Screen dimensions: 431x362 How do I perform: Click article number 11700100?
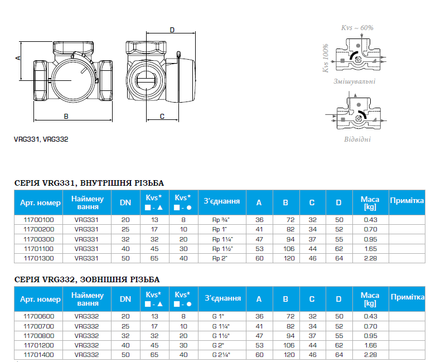click(x=39, y=220)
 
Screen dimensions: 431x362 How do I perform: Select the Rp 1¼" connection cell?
click(x=222, y=239)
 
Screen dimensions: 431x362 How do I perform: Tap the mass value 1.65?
click(x=370, y=249)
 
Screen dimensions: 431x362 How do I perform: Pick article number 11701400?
click(x=39, y=355)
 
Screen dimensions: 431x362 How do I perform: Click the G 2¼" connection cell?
click(x=221, y=355)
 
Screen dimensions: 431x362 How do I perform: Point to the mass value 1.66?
click(x=370, y=345)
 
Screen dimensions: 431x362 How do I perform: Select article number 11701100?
click(x=39, y=249)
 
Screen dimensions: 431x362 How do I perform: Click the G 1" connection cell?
click(x=219, y=316)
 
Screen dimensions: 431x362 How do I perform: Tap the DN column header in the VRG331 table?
click(x=125, y=202)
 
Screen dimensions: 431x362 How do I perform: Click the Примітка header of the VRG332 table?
click(x=408, y=297)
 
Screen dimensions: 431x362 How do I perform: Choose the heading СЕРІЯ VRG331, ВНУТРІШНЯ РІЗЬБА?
click(x=89, y=183)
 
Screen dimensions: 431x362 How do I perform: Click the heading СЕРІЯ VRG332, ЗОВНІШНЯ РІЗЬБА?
click(x=87, y=279)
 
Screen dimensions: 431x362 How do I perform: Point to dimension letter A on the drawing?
click(x=18, y=58)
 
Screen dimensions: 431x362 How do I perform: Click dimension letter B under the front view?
click(x=66, y=117)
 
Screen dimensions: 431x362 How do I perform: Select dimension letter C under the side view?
click(x=162, y=117)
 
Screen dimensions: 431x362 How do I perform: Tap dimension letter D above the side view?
click(x=172, y=30)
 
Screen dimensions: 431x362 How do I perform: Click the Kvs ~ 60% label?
click(x=357, y=28)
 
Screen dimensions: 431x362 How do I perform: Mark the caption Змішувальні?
click(x=354, y=81)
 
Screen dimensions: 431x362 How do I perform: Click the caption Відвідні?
click(x=357, y=139)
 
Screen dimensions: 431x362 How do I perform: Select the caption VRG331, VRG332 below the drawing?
click(x=41, y=139)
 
